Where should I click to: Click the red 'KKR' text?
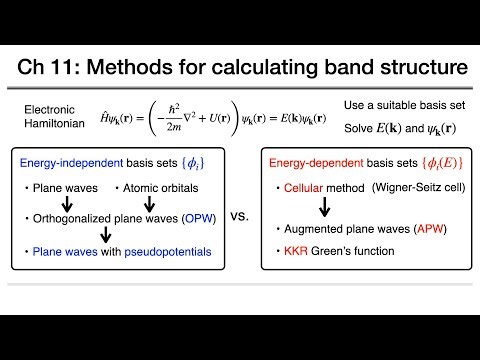click(302, 253)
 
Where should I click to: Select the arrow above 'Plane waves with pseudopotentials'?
click(100, 238)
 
